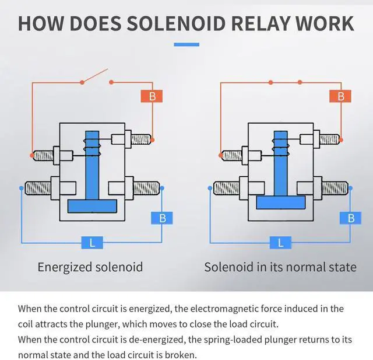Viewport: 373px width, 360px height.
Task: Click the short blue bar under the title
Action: pyautogui.click(x=186, y=45)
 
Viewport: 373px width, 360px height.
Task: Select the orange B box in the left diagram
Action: pyautogui.click(x=152, y=96)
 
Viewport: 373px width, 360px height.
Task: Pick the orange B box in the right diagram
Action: pyautogui.click(x=340, y=96)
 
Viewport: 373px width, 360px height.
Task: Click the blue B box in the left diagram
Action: pyautogui.click(x=162, y=218)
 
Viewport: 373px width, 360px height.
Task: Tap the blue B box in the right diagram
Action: pyautogui.click(x=351, y=218)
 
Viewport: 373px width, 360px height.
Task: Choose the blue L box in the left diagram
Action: pyautogui.click(x=92, y=242)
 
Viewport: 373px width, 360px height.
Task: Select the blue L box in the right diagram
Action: pyautogui.click(x=281, y=242)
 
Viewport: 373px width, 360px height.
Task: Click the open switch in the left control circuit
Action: pyautogui.click(x=94, y=76)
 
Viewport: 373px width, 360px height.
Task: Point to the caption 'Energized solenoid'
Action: pyautogui.click(x=90, y=267)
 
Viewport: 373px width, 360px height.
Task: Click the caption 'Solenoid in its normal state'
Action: pyautogui.click(x=280, y=267)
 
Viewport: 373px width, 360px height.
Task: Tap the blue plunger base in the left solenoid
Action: pyautogui.click(x=92, y=206)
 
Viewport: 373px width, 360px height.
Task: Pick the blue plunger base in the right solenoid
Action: pyautogui.click(x=281, y=202)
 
